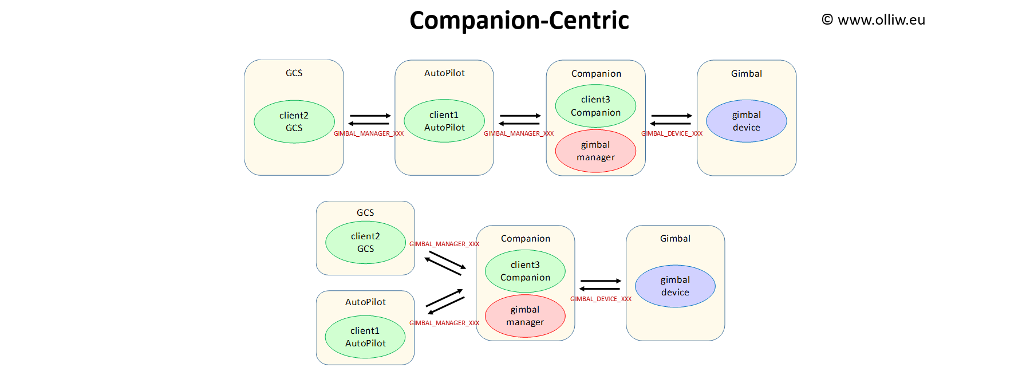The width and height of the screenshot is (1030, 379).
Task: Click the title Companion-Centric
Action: click(x=519, y=21)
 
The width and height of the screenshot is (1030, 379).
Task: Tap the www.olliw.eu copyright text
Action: click(x=874, y=20)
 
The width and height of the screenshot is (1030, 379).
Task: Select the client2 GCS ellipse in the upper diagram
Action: click(x=294, y=122)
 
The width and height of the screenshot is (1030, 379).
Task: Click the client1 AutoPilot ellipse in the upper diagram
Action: click(x=444, y=121)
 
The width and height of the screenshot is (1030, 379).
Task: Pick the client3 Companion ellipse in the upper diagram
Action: click(x=595, y=106)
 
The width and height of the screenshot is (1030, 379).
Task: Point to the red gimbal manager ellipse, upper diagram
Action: click(x=595, y=151)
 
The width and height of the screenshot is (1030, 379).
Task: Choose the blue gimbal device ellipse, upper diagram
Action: click(x=746, y=121)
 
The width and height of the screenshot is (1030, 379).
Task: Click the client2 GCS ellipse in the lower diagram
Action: click(x=365, y=243)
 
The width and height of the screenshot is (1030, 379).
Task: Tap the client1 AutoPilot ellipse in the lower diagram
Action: click(x=365, y=337)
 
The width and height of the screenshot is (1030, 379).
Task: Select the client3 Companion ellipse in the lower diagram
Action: click(x=525, y=271)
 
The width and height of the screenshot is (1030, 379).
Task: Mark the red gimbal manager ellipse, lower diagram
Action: click(x=525, y=316)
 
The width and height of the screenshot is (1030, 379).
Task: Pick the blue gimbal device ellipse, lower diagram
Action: click(x=675, y=286)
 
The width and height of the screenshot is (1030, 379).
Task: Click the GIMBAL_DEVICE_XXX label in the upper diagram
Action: click(x=672, y=134)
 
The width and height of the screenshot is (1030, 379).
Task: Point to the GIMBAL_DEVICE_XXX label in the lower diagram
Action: click(x=601, y=299)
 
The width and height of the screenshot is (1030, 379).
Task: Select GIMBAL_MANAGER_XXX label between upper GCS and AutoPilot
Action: click(x=369, y=134)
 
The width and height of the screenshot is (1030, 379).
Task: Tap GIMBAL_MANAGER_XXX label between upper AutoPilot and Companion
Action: click(x=519, y=134)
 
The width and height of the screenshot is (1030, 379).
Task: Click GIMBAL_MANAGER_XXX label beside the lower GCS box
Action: click(x=444, y=244)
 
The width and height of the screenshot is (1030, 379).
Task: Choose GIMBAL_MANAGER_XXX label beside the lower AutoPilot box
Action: click(x=444, y=323)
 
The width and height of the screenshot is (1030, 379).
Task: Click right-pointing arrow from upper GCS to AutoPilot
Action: click(x=370, y=116)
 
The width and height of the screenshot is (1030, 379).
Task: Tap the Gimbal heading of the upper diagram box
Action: click(x=746, y=74)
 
